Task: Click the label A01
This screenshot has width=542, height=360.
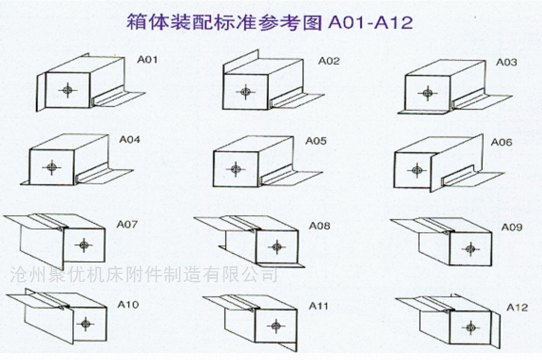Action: tap(147, 60)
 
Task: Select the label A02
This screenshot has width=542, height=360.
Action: tap(329, 61)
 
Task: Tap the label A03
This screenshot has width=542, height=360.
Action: tap(506, 62)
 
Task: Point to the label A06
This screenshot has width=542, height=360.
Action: tap(501, 142)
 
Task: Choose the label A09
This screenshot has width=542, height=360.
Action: tap(511, 227)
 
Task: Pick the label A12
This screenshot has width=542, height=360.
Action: tap(517, 307)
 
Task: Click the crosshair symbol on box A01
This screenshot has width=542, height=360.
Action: tap(67, 91)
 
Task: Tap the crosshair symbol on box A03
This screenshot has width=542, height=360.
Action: tap(428, 93)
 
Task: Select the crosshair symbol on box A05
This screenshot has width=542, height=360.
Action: tap(236, 169)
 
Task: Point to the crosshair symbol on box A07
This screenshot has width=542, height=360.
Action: tap(84, 245)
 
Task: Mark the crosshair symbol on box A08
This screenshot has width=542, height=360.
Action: tap(277, 247)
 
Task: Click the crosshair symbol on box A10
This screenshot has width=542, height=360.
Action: tap(85, 324)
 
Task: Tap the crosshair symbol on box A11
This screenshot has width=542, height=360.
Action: tap(276, 326)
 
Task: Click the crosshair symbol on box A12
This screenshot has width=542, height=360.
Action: tap(470, 327)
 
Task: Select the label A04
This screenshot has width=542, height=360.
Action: tap(129, 139)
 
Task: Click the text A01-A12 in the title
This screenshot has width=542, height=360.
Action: tap(370, 23)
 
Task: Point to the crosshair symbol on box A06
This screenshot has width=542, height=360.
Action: tap(417, 170)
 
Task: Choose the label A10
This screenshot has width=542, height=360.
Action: tap(128, 305)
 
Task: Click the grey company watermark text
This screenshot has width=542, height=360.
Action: tap(144, 275)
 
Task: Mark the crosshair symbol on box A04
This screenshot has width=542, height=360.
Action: tap(52, 167)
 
